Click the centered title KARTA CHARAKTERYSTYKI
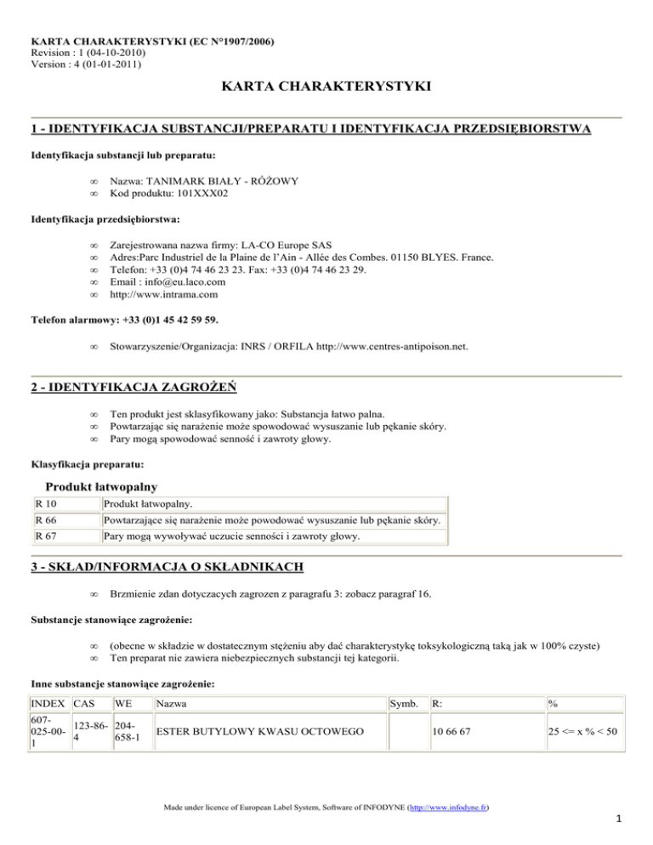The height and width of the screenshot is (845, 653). tap(326, 87)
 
